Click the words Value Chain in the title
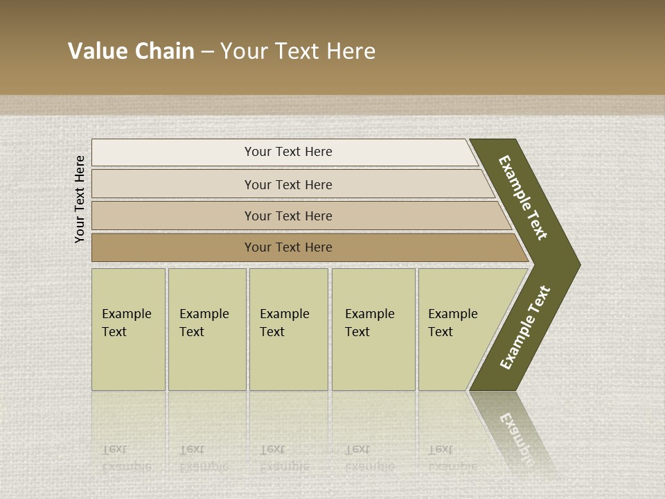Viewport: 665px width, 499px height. coord(131,51)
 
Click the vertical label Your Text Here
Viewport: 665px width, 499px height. coord(80,199)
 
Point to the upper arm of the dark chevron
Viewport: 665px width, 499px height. coord(524,198)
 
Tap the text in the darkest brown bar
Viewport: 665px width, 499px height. coord(288,247)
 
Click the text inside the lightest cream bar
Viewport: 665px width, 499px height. coord(288,152)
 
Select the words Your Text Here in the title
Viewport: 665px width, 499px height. coord(298,51)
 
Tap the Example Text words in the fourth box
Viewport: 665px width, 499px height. coord(369,323)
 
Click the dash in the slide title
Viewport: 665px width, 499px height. coord(207,52)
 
